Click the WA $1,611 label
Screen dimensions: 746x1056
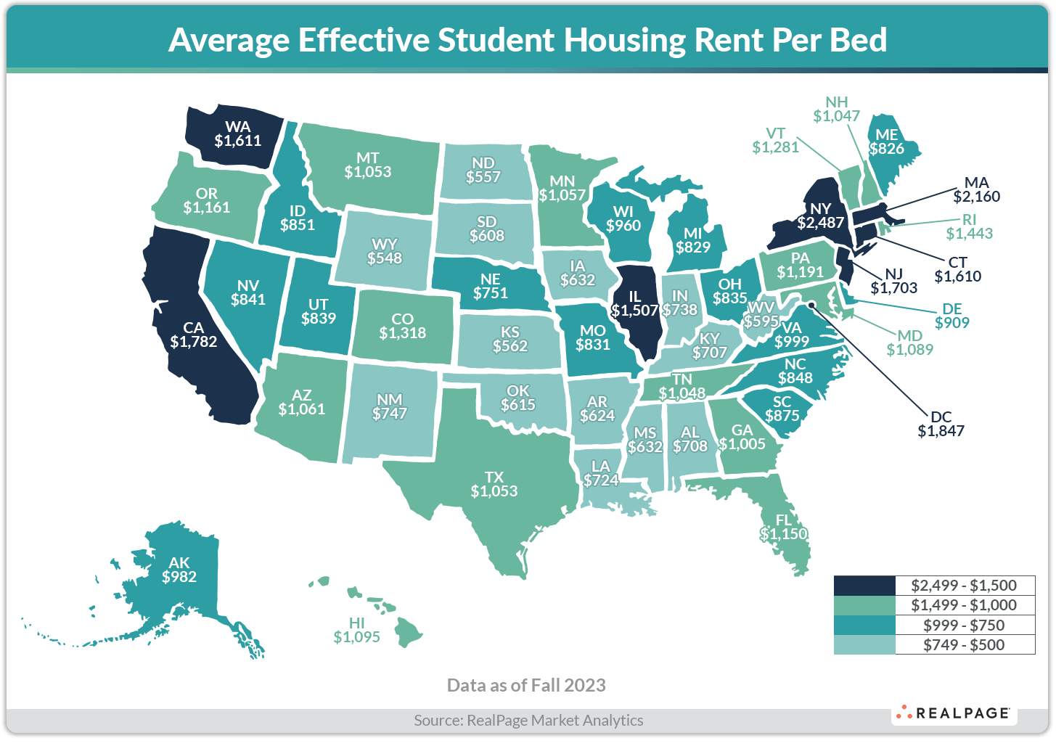(x=237, y=134)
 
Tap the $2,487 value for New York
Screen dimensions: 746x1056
(x=821, y=223)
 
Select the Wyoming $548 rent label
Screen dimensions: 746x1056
(x=385, y=250)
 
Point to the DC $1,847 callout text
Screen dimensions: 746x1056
(x=941, y=424)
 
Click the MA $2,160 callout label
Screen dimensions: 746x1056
(x=976, y=189)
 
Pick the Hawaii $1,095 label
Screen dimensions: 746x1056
(x=356, y=630)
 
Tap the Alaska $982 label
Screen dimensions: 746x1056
(x=179, y=570)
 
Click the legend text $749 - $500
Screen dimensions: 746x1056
(x=964, y=644)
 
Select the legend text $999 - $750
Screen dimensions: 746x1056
(x=964, y=625)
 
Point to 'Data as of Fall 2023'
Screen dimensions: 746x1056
(x=526, y=685)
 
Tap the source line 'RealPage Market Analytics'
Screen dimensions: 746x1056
(x=555, y=720)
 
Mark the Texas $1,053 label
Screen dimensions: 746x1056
(x=494, y=484)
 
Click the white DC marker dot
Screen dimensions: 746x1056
(x=812, y=305)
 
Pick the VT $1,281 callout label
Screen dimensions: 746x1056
(x=775, y=141)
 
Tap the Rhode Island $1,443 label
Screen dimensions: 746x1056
(x=970, y=226)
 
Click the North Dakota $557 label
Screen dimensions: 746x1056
(x=483, y=171)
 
